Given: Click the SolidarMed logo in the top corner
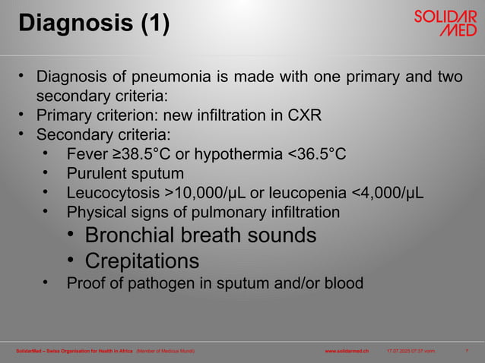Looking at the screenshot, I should click(x=445, y=24).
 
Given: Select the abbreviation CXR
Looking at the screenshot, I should click(x=306, y=116).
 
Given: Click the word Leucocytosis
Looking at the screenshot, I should click(x=116, y=193).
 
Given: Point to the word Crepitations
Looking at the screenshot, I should click(x=142, y=261).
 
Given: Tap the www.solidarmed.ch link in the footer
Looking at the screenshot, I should click(x=347, y=351).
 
